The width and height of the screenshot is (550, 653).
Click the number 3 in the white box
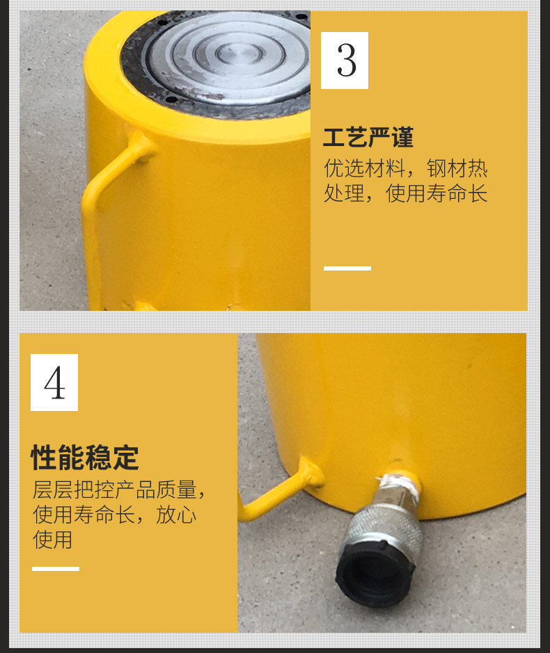[x=347, y=61]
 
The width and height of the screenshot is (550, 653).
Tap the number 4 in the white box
[x=54, y=382]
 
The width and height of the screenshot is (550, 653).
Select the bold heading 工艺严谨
[x=368, y=138]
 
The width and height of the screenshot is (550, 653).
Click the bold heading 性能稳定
[x=85, y=458]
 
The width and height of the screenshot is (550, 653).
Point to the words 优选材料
[x=364, y=168]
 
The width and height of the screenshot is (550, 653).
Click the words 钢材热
[x=457, y=168]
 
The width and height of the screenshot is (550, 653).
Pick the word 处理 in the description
[x=344, y=193]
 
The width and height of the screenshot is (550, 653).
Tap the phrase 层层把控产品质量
[x=114, y=490]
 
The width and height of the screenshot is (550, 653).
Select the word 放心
[x=176, y=515]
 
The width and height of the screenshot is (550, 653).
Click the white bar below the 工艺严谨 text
[x=347, y=268]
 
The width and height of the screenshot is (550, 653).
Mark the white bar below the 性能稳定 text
[x=56, y=568]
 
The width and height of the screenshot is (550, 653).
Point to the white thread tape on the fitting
[x=399, y=485]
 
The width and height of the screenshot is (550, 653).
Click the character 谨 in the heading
[x=402, y=138]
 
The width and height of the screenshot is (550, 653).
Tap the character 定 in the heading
[x=125, y=458]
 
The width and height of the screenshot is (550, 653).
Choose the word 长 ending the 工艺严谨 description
[x=478, y=193]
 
